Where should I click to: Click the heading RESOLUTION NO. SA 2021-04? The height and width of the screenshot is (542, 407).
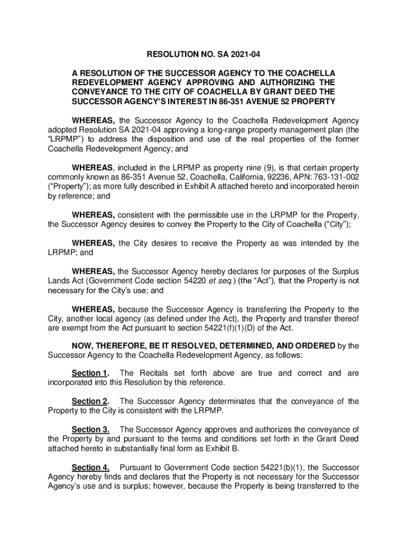[203, 53]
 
